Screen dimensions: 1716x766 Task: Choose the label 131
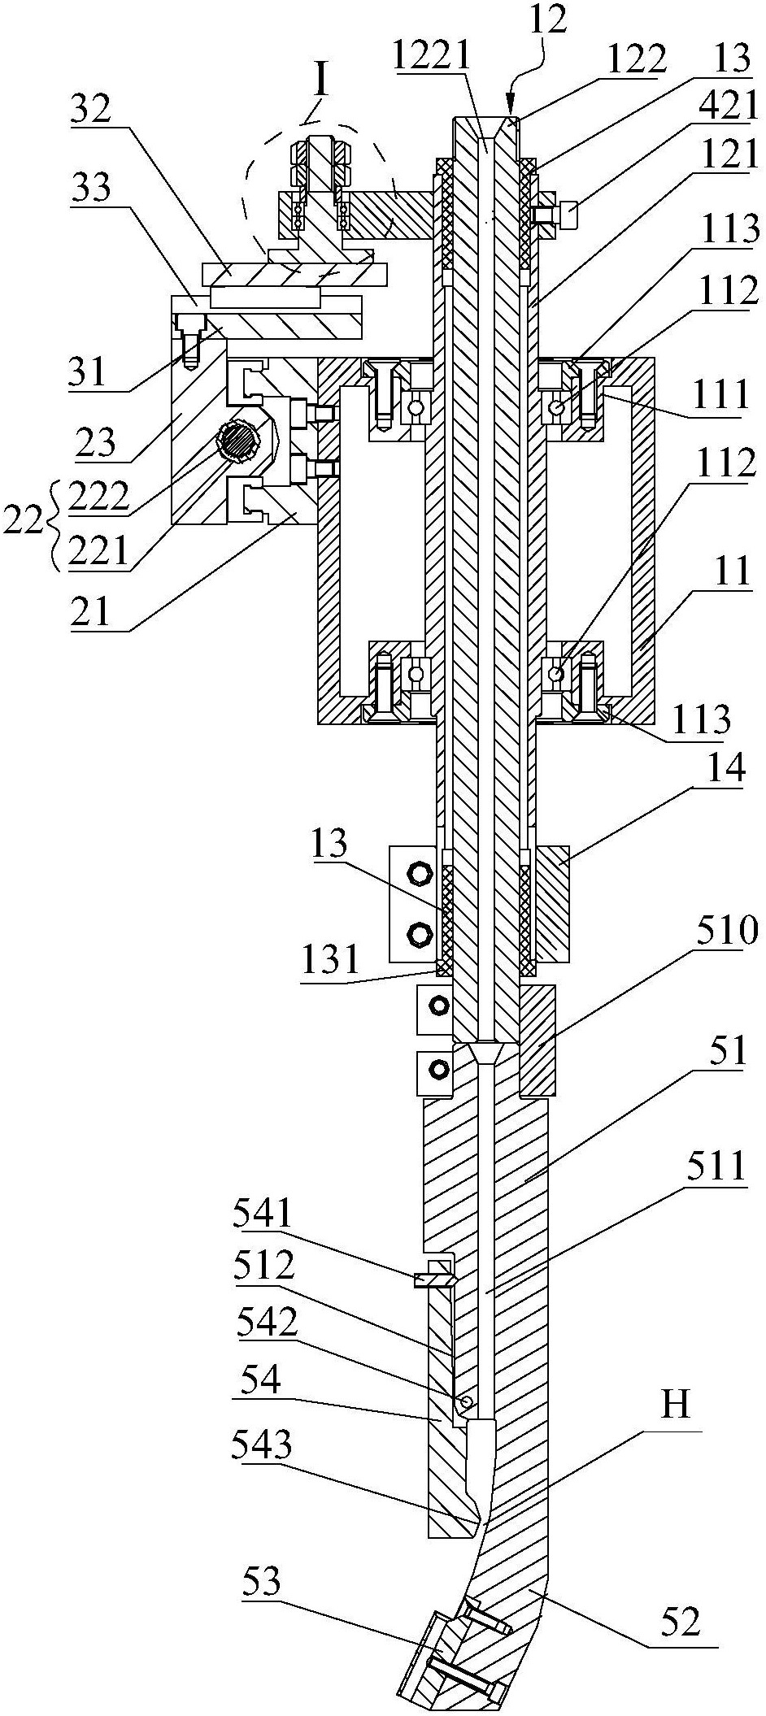[x=329, y=960]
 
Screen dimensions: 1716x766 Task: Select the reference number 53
[x=262, y=1583]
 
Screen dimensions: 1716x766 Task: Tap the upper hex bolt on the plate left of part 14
[x=420, y=875]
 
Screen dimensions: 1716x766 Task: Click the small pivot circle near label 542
[x=464, y=1401]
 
